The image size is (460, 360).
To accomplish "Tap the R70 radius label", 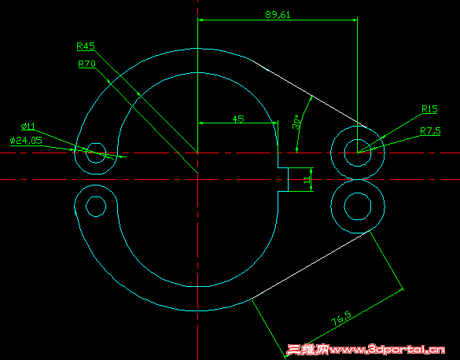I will point(86,64).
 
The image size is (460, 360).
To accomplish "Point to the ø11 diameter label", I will point(28,126).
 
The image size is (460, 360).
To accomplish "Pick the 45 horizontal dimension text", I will point(237,119).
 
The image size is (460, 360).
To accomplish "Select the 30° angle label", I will point(296,123).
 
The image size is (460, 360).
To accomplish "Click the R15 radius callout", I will point(429,109).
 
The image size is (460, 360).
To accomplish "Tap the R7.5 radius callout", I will point(430,130).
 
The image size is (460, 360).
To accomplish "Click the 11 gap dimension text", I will point(307,180).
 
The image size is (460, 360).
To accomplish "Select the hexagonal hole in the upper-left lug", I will point(97,152).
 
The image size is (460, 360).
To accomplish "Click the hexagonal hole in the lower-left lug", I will point(96,206).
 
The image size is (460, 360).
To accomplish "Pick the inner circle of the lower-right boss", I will point(359,206).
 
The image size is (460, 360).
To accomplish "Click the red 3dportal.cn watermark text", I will point(369,349).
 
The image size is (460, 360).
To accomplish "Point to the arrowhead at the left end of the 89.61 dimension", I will point(201,20).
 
